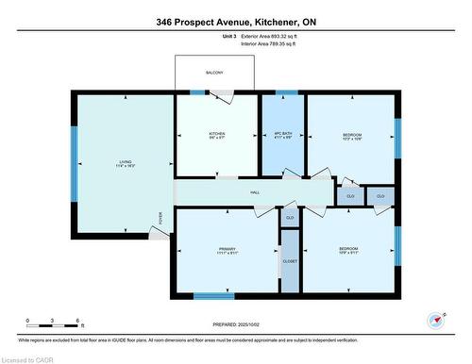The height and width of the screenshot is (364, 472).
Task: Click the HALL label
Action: pos(255,192)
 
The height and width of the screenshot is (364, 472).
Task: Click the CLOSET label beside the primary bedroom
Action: pos(290,261)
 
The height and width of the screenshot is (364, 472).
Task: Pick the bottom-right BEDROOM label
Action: pos(348,250)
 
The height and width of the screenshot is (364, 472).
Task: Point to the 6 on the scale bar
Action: pos(79,321)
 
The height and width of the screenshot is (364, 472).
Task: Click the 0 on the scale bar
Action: pos(28,321)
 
